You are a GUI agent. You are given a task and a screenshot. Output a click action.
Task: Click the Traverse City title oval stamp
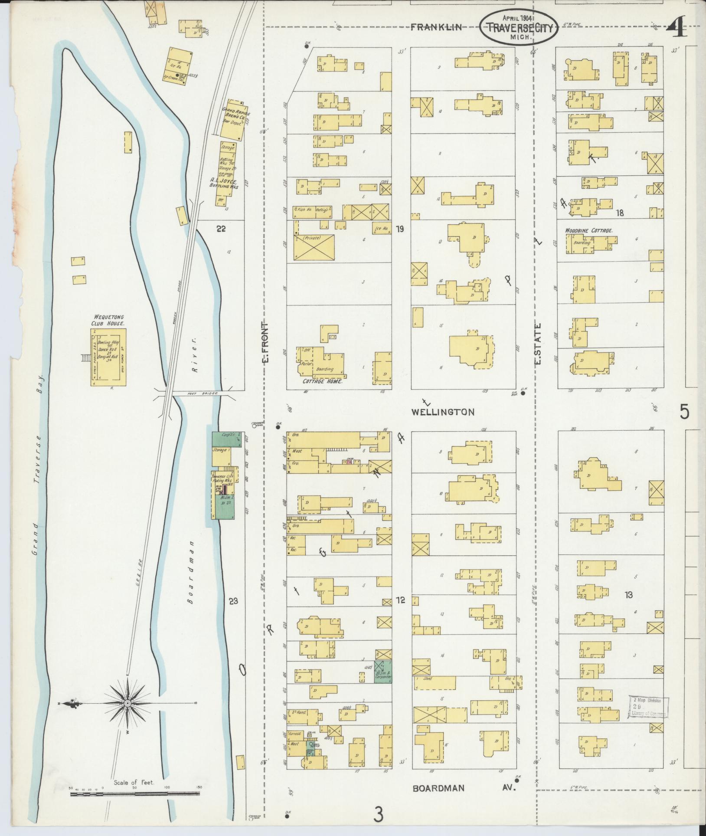[x=519, y=27]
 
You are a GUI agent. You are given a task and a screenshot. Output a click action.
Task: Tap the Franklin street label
[x=436, y=27]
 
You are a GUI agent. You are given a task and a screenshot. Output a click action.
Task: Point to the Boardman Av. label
[x=464, y=787]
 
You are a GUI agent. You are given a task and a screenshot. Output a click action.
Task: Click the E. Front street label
[x=266, y=343]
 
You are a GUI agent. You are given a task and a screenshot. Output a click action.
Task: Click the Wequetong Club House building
[x=108, y=357]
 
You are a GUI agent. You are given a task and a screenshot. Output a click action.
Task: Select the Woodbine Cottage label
[x=588, y=231]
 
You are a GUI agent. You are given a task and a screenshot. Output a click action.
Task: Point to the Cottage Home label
[x=322, y=382]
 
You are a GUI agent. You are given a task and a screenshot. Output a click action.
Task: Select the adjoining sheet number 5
[x=684, y=412]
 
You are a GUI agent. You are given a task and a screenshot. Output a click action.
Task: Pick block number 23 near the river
[x=234, y=601]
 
